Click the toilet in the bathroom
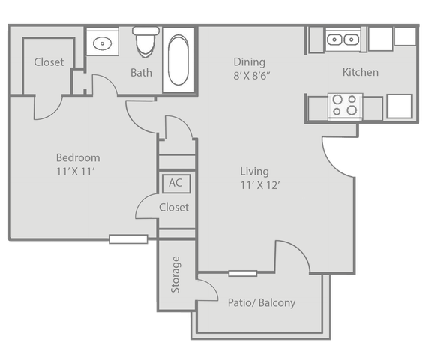(x=145, y=42)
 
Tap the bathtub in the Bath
(x=178, y=60)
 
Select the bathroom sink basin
(x=103, y=43)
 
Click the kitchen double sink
(x=343, y=40)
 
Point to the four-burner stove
(x=345, y=106)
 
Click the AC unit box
(x=176, y=184)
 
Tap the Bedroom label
(x=78, y=157)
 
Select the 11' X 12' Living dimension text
(x=260, y=185)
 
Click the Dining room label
(x=250, y=62)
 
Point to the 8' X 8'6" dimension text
(x=252, y=76)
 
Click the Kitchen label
(x=361, y=72)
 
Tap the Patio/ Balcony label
(x=262, y=302)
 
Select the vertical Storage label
(x=175, y=274)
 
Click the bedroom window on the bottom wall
(x=128, y=239)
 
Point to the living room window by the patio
(x=243, y=273)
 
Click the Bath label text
(x=141, y=73)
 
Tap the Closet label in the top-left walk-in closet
(x=49, y=62)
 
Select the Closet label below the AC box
(x=174, y=207)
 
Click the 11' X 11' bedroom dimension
(x=76, y=172)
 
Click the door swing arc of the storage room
(x=212, y=286)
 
